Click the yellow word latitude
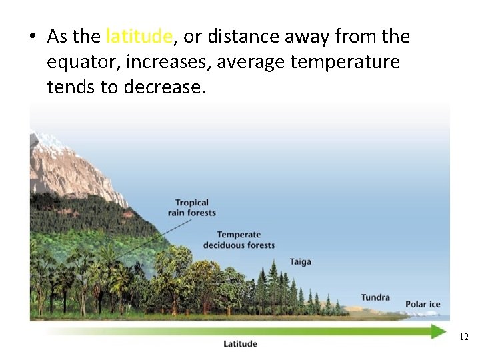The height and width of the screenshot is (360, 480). [139, 37]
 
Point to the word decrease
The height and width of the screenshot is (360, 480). [165, 87]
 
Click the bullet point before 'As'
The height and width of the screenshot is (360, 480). [33, 37]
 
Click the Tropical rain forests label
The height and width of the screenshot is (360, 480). [192, 207]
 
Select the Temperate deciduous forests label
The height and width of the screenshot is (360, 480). [239, 240]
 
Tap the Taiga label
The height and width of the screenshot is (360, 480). [300, 262]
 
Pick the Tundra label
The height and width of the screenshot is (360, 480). [375, 297]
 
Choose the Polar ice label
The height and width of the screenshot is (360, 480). [423, 305]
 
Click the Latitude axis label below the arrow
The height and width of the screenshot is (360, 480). [240, 344]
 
